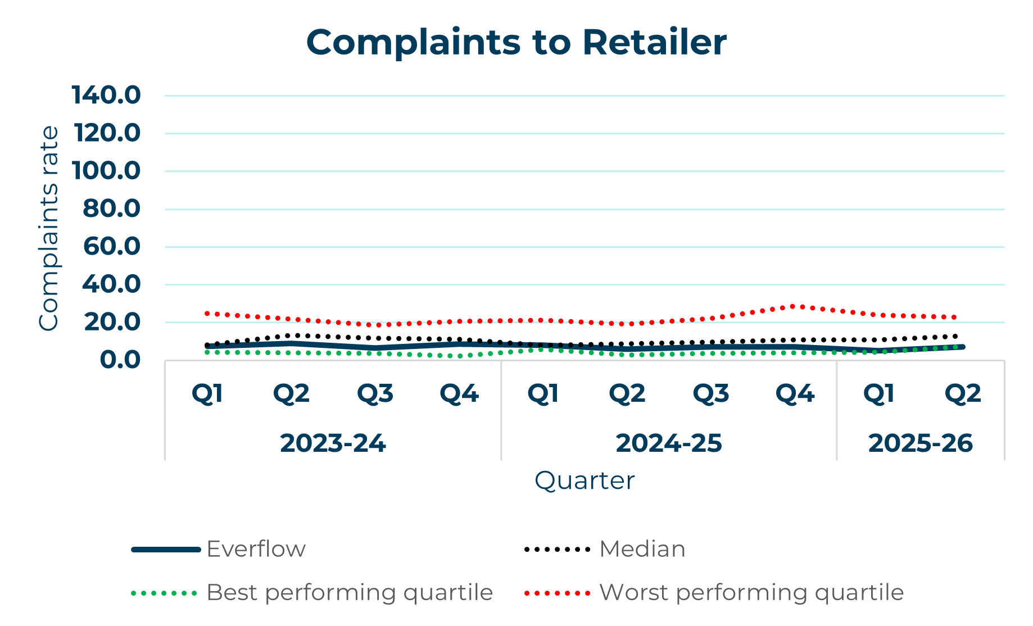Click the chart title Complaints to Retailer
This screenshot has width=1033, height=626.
coord(516,42)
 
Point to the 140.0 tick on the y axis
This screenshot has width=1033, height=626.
coord(106,95)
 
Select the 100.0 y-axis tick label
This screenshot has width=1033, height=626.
coord(106,170)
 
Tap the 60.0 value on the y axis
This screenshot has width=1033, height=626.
coord(111,246)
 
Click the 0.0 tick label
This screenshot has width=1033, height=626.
coord(120,360)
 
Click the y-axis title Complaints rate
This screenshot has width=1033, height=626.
coord(48,228)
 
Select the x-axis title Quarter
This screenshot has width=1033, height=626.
coord(584,480)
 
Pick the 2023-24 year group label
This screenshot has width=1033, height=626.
coord(333,443)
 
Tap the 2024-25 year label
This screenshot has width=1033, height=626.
coord(668,443)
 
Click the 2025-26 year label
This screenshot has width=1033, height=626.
coord(920,443)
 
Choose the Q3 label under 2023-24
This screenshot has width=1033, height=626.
coord(375,393)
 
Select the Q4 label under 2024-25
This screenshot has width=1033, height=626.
coord(795,393)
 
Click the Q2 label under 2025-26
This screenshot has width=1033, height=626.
coord(962,393)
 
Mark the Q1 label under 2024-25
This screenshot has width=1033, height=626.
coord(543,393)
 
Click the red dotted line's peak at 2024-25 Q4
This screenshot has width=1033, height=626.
coord(794,306)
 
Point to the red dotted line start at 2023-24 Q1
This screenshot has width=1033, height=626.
coord(207,313)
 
